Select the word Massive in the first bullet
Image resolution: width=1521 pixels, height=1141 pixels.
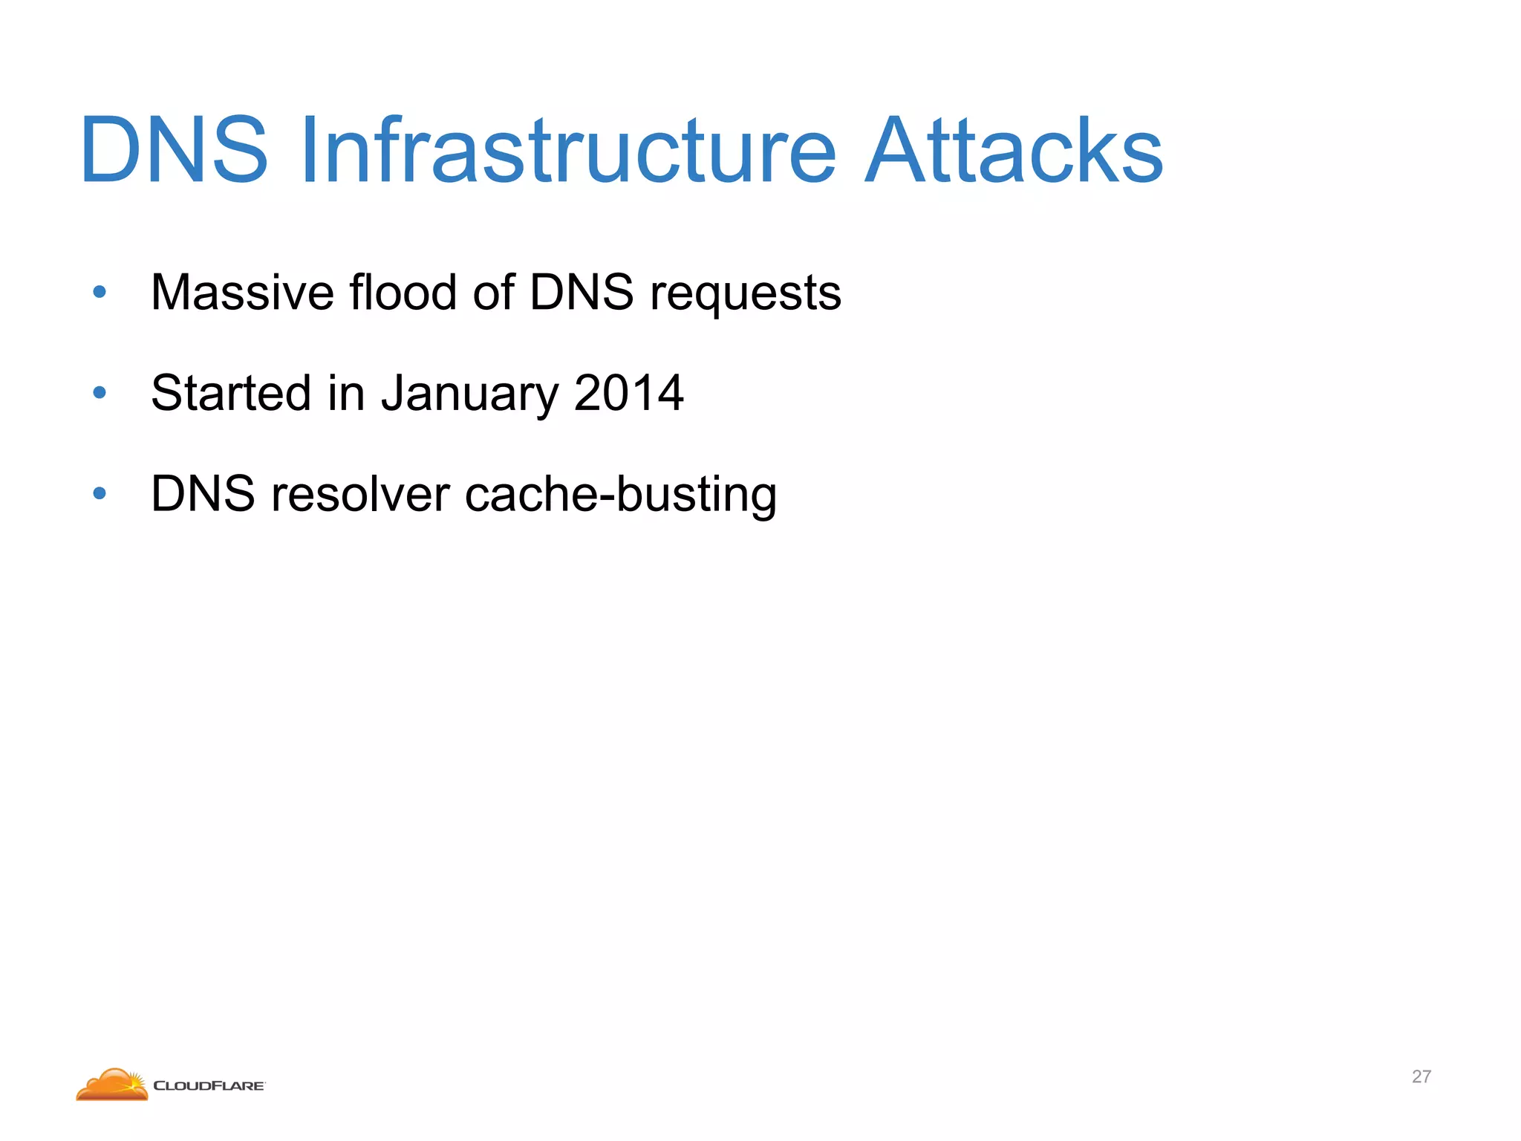pyautogui.click(x=242, y=292)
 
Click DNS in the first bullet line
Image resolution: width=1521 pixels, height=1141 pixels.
pyautogui.click(x=581, y=292)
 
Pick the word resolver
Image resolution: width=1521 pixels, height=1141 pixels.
pyautogui.click(x=360, y=494)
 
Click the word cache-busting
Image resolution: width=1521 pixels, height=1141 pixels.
pyautogui.click(x=620, y=495)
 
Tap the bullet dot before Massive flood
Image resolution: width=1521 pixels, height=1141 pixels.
pyautogui.click(x=100, y=292)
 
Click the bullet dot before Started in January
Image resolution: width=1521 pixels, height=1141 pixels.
pyautogui.click(x=100, y=392)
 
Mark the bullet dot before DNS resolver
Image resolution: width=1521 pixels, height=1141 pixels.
pyautogui.click(x=100, y=493)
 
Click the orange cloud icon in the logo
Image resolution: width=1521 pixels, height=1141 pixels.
pyautogui.click(x=112, y=1085)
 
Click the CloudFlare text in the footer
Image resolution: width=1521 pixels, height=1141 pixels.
pyautogui.click(x=209, y=1086)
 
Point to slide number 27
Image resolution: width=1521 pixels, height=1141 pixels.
pyautogui.click(x=1421, y=1076)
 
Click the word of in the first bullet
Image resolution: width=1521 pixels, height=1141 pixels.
pyautogui.click(x=493, y=292)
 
